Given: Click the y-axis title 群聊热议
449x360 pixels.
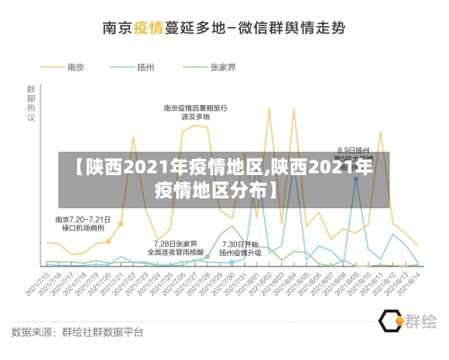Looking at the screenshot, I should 31,103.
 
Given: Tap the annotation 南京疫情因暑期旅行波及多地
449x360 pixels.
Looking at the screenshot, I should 195,112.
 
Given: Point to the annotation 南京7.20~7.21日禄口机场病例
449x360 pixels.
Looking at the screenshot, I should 83,224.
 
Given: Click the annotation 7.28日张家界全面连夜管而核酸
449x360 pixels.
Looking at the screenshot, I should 175,248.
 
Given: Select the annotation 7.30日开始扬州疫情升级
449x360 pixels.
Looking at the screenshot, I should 240,248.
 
